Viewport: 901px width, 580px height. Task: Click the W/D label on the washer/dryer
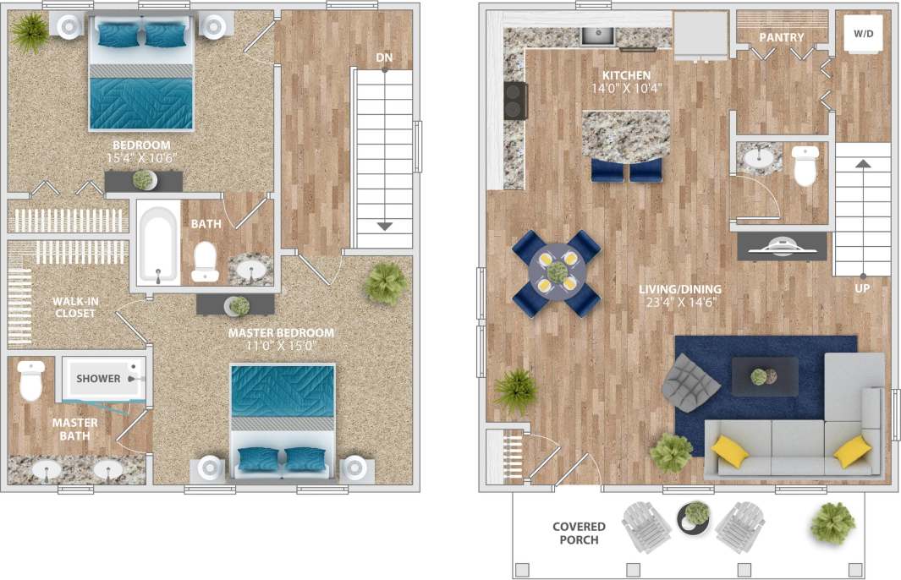[862, 35]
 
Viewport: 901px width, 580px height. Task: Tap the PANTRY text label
[781, 37]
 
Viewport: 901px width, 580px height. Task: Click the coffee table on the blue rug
[764, 376]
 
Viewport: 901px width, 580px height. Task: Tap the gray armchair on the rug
[691, 380]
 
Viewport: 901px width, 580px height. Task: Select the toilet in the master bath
[31, 381]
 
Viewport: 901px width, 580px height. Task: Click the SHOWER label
[98, 379]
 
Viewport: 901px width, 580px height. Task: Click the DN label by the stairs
[383, 57]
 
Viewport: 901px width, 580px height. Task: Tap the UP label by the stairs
[861, 287]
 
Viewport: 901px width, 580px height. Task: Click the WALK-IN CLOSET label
[74, 307]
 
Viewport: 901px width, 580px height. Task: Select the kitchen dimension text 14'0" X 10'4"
[626, 88]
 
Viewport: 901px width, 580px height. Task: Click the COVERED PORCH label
[580, 533]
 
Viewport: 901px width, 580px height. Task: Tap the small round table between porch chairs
[695, 517]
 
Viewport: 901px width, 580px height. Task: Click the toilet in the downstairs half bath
[805, 167]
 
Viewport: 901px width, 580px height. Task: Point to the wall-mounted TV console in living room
[781, 246]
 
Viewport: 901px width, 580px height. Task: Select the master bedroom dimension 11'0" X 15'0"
[281, 347]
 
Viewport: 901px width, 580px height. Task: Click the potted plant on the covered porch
[832, 522]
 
